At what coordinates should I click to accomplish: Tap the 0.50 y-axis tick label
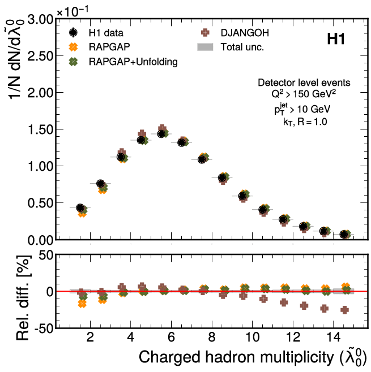pos(40,203)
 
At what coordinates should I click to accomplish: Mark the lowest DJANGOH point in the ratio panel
pos(344,310)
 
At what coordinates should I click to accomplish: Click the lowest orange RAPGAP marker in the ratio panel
pos(82,304)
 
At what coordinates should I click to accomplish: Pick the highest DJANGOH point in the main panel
pos(163,128)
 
